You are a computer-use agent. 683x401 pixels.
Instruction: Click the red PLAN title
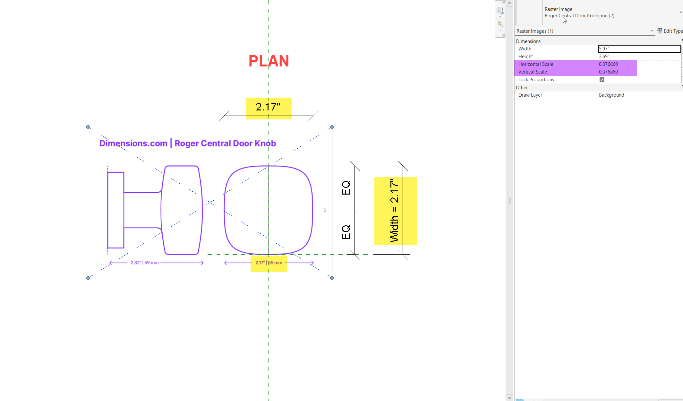tap(269, 61)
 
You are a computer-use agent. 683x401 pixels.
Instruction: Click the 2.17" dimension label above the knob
tap(268, 107)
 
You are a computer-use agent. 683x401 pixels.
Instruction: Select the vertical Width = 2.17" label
tap(394, 211)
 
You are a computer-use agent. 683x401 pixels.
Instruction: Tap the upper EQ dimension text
tap(346, 188)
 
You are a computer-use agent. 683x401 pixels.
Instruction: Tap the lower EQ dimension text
tap(346, 232)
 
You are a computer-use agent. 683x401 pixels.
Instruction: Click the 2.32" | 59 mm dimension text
tap(144, 263)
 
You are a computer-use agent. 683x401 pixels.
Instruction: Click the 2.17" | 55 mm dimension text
tap(269, 263)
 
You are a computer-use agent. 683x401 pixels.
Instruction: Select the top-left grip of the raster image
tap(88, 127)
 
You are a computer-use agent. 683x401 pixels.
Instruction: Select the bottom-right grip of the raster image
tap(332, 278)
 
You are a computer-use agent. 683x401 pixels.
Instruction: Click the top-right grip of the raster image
tap(332, 127)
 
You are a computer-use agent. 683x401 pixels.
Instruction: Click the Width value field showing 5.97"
tap(639, 49)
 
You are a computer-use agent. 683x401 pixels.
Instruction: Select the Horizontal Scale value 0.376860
tap(608, 64)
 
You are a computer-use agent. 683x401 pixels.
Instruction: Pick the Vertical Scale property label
tap(533, 72)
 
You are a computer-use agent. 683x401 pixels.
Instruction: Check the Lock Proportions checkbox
tap(602, 80)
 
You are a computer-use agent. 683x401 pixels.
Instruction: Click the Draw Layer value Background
tap(611, 95)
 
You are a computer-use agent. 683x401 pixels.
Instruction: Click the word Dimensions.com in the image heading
tap(133, 143)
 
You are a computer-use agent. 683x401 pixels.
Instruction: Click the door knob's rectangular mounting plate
tap(116, 210)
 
